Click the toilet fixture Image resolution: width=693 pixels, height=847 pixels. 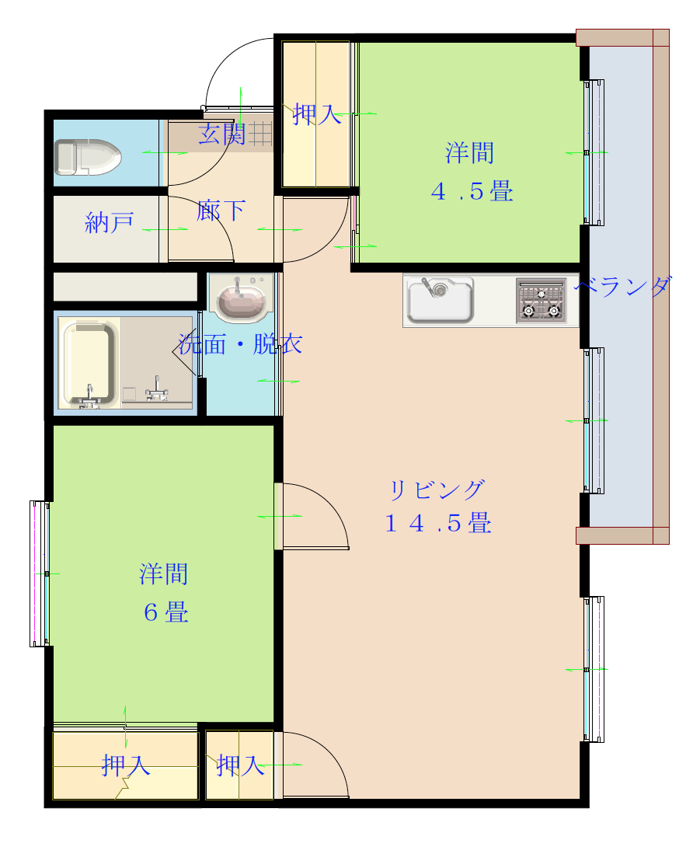coord(88,157)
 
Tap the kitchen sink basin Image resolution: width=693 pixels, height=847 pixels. coord(440,300)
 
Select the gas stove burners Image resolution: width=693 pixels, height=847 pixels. coord(541,301)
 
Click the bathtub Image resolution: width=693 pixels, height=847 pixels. coord(89,363)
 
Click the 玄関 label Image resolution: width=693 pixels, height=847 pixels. coord(222,134)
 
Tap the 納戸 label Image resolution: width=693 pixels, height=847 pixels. coord(110,222)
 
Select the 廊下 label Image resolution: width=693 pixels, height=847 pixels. coord(221,210)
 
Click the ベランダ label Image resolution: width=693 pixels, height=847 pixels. coord(623,286)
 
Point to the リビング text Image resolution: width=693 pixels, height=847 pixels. coord(437,490)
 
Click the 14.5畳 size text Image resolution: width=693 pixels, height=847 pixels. coord(438,523)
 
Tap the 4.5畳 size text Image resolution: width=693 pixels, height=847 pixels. coord(472,191)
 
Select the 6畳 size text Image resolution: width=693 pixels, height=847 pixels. coord(165,612)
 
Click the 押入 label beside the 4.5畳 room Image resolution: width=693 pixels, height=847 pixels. coord(317,114)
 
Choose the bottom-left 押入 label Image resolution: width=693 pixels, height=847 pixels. coord(125,765)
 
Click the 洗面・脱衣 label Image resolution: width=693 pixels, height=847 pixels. coord(240,344)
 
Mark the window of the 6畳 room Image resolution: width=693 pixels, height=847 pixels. coord(40,573)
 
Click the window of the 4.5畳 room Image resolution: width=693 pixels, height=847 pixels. coord(594,153)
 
